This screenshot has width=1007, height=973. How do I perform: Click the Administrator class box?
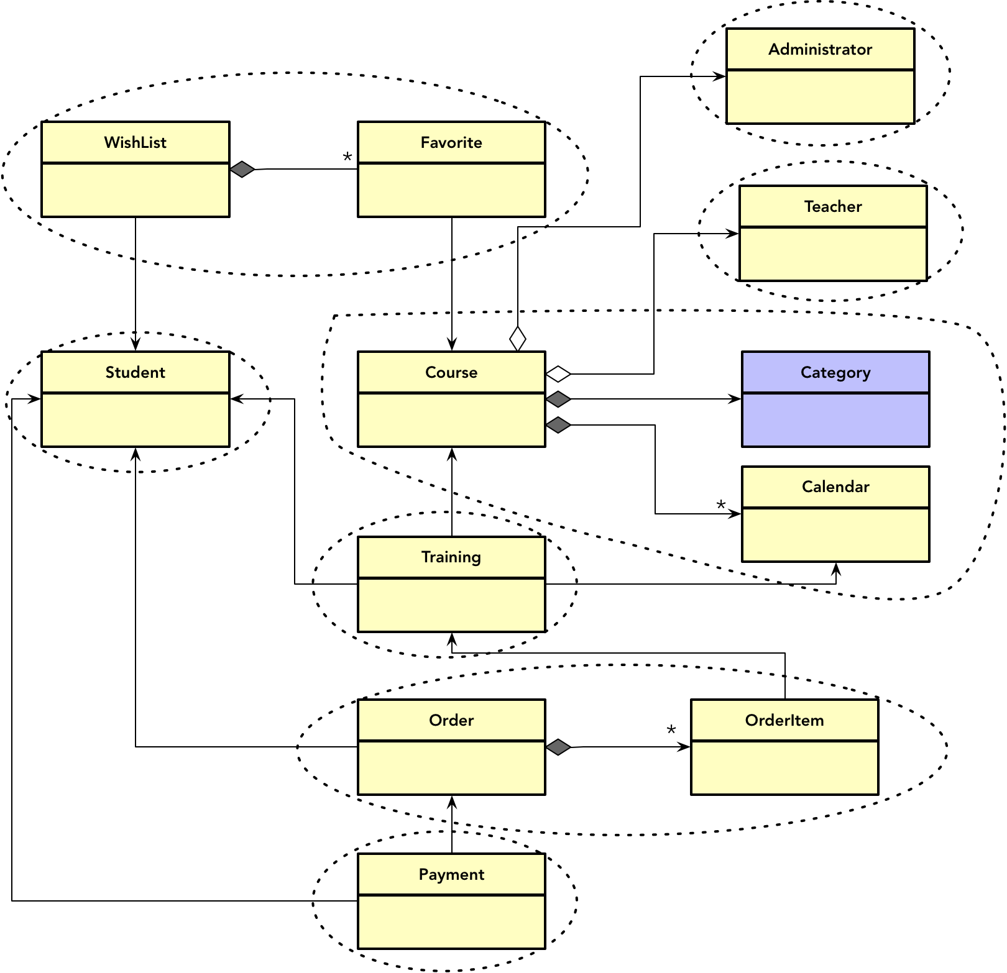click(820, 76)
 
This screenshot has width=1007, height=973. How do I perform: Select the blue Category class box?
click(835, 399)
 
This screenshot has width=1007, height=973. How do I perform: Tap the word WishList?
click(136, 142)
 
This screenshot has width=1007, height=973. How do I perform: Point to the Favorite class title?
click(451, 142)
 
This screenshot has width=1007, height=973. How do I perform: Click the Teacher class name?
click(833, 206)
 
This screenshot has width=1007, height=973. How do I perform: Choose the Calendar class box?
click(835, 514)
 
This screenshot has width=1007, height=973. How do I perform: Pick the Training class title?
click(451, 557)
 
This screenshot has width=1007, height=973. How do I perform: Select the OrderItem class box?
click(784, 747)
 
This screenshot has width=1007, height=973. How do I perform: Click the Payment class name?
click(451, 874)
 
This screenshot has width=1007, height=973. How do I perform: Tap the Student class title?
click(136, 372)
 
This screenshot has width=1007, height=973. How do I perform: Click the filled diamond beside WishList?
click(242, 169)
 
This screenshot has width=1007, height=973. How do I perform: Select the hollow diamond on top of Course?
click(518, 339)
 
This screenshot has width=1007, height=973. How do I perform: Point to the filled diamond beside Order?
click(558, 747)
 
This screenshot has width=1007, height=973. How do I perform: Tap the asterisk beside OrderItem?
click(671, 730)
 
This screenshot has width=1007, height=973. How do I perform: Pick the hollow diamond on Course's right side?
click(558, 373)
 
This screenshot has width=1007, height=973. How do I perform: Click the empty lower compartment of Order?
click(451, 767)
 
